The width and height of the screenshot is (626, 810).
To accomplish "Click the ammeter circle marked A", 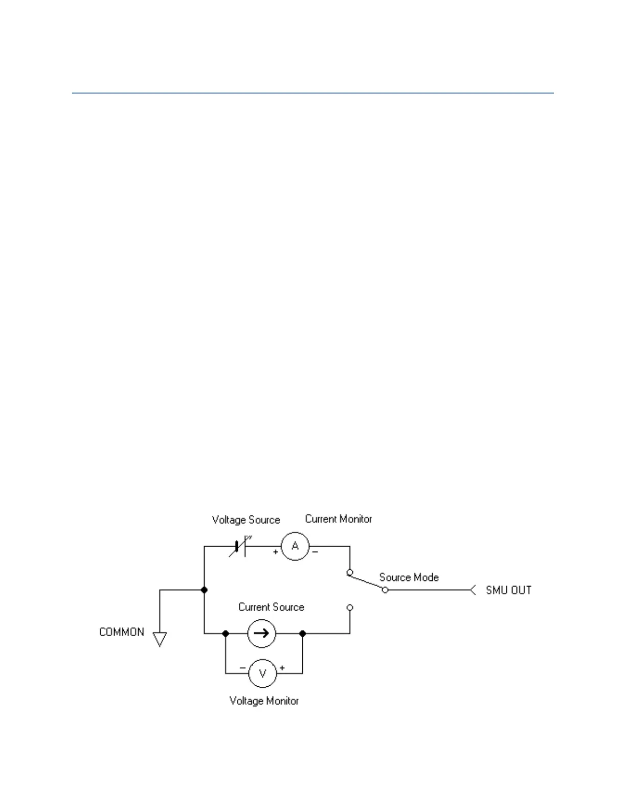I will (x=295, y=546).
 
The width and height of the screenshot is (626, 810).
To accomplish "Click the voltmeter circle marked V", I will (x=262, y=673).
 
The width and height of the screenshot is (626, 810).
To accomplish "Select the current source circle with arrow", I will (x=261, y=634).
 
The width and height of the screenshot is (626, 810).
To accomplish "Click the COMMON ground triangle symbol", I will (x=160, y=639).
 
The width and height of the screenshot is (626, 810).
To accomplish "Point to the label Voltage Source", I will (x=246, y=520).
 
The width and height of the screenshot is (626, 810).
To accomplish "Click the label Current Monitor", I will (x=339, y=519).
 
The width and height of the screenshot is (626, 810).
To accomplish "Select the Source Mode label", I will (x=409, y=577).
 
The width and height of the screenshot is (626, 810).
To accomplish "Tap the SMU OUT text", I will (x=508, y=590).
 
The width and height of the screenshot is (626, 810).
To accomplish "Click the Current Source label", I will (x=271, y=607).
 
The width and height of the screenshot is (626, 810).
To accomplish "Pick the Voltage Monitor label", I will (x=264, y=701).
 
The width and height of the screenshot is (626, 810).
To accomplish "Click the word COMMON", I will (x=122, y=632).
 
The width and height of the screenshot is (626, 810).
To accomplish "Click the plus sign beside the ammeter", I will (x=276, y=552).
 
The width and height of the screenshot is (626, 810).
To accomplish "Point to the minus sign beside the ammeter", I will (x=315, y=552).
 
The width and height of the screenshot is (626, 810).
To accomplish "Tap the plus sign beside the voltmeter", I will (x=282, y=668).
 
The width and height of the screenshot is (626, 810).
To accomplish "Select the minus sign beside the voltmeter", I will (x=242, y=668).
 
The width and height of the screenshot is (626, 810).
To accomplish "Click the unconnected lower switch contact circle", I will (x=350, y=607).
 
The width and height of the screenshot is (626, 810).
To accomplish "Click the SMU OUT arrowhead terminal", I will (x=473, y=590).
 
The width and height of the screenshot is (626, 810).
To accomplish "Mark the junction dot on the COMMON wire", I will (x=204, y=590).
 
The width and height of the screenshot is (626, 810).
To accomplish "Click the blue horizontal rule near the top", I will (x=312, y=93).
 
